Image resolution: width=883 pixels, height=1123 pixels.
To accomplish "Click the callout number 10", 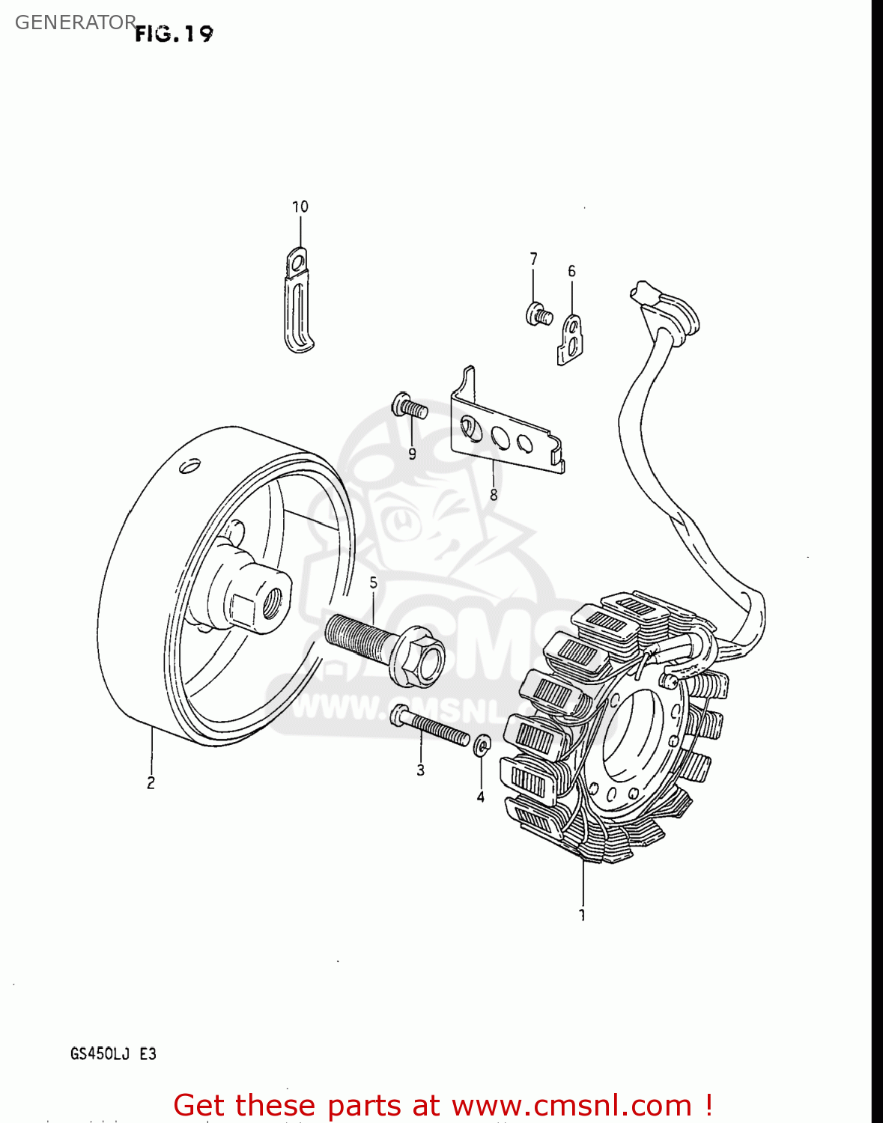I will point(300,207).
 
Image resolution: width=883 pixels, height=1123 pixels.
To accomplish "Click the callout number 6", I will point(571,271).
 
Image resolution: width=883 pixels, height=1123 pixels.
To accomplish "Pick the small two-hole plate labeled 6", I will point(570,339).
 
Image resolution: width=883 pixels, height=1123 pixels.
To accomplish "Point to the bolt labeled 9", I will point(409,407).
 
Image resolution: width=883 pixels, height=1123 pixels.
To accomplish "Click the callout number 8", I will point(493,495).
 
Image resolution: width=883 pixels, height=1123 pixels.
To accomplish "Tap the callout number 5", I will point(373,582).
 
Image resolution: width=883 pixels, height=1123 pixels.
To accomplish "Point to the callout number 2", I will point(151,783).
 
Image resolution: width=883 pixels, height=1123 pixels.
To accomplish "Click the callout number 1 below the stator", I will point(582,915).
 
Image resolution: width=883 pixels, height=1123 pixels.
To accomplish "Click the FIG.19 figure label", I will point(174,34).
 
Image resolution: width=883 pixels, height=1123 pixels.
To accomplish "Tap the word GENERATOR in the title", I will point(75,22).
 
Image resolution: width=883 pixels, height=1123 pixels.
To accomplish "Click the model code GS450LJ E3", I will point(113,1053).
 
